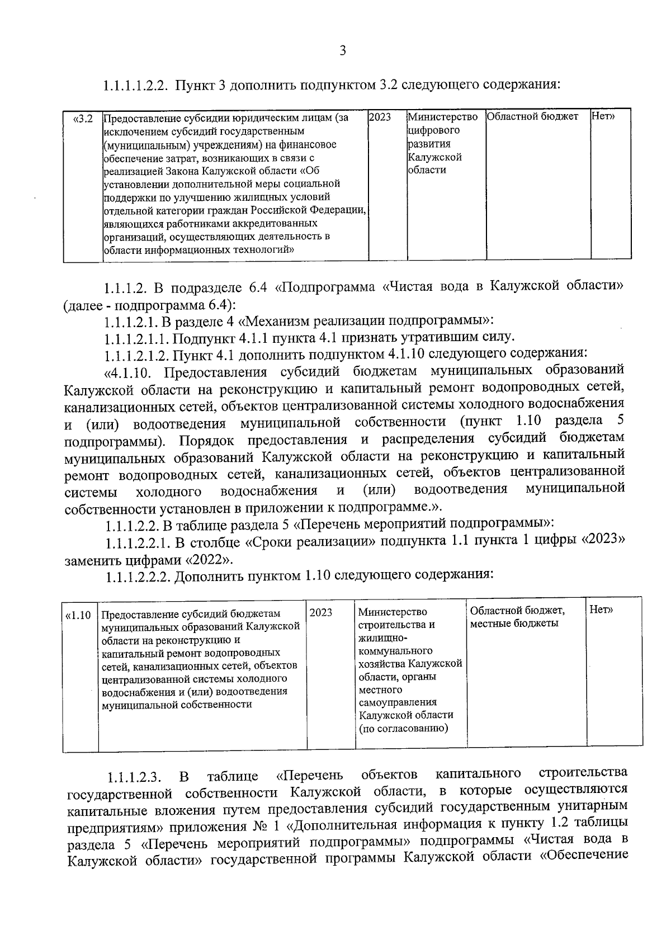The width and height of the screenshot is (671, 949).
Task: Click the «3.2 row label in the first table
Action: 83,119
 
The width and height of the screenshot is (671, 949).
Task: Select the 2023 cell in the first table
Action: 380,118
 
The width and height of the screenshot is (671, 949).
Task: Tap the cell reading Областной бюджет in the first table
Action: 532,117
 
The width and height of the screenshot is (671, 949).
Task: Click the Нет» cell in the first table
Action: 603,117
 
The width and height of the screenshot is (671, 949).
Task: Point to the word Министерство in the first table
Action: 443,118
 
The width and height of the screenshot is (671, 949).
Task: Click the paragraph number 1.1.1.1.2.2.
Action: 136,86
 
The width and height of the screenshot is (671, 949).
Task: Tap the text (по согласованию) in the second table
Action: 403,729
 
